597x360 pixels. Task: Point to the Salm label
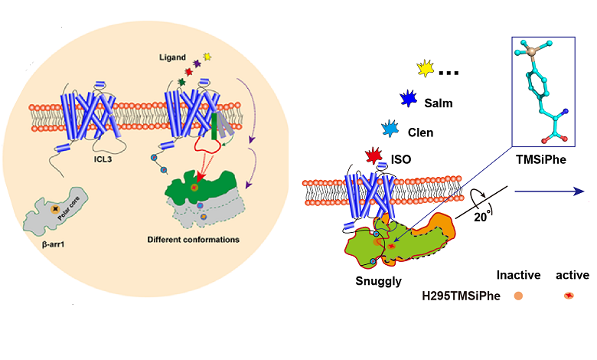(x=436, y=103)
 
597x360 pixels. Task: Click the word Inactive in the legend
(x=519, y=274)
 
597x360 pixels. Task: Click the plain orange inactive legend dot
(x=519, y=293)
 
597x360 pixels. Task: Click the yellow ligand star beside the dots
(x=426, y=69)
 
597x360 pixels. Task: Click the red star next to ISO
(x=374, y=158)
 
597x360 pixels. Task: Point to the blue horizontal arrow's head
(x=581, y=192)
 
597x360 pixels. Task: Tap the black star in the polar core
(x=55, y=208)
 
